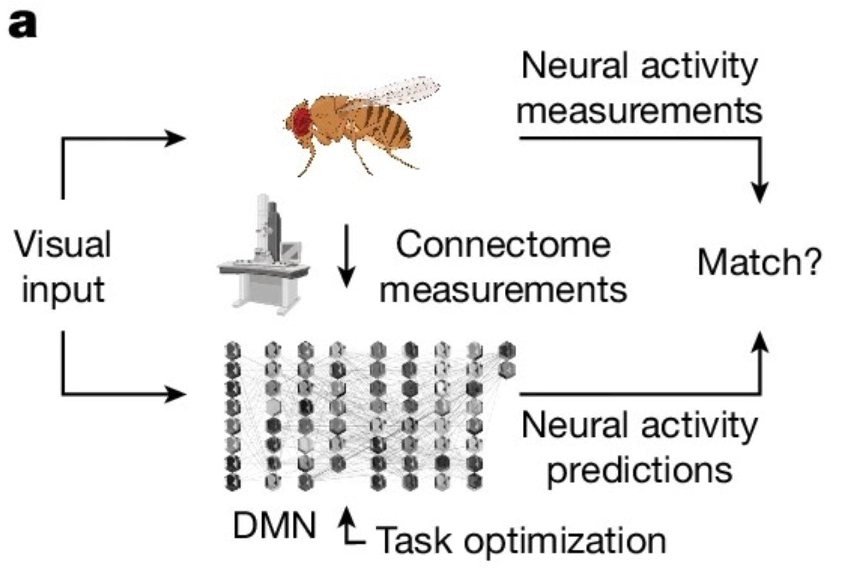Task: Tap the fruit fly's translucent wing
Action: point(395,90)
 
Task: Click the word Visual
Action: point(63,244)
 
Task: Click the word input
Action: point(63,288)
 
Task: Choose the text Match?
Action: point(759,262)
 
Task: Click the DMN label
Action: point(274,526)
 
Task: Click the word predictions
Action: point(639,470)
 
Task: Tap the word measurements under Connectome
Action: point(503,288)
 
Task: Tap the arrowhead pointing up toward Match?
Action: point(759,342)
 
